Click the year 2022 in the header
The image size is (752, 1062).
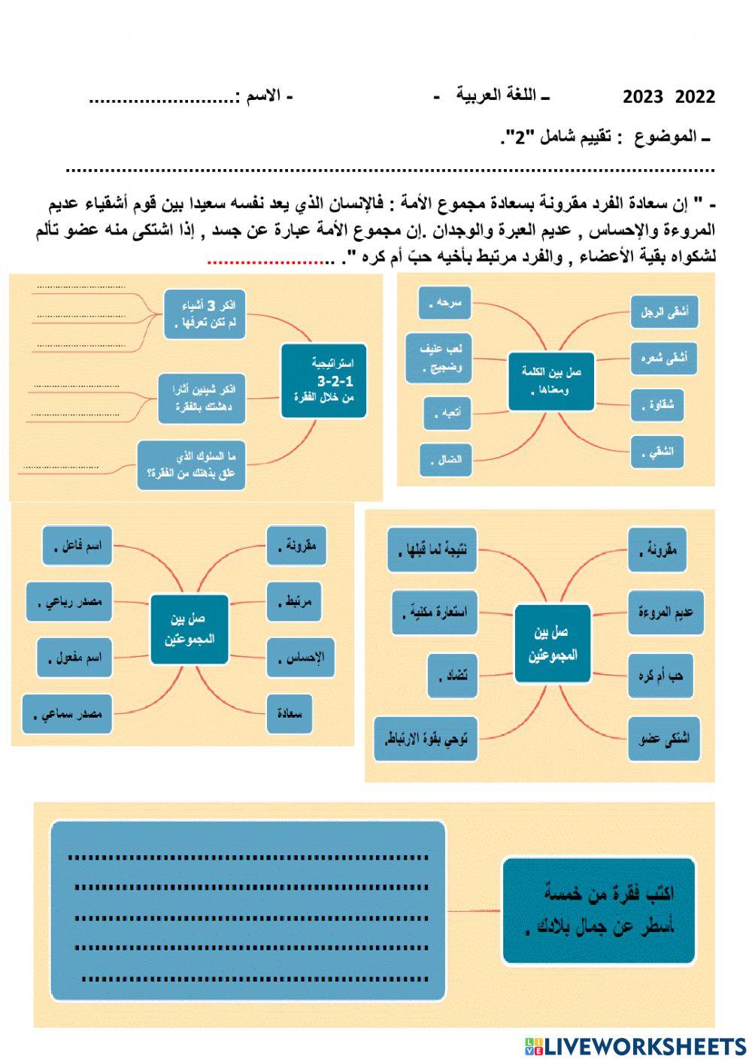(x=695, y=96)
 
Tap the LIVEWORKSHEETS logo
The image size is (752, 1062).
(x=635, y=1046)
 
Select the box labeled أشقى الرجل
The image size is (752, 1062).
(x=665, y=311)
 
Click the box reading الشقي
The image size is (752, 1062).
(x=657, y=452)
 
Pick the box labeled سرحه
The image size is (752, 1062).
(x=444, y=302)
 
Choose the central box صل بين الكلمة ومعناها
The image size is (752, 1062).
(x=551, y=381)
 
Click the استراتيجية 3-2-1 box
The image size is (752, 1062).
(x=323, y=381)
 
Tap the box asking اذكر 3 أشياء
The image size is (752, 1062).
(x=205, y=313)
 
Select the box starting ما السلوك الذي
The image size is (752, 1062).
(x=192, y=465)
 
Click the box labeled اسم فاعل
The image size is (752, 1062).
(x=77, y=546)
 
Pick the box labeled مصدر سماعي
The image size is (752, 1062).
(x=67, y=714)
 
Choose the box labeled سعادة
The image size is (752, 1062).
(x=289, y=713)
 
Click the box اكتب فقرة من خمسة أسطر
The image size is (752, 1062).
(x=598, y=910)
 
